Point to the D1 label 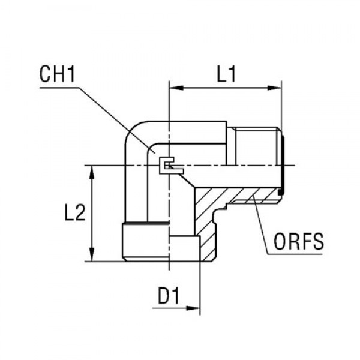tap(169, 296)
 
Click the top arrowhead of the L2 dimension tap(92, 171)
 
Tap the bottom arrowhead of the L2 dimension tap(92, 256)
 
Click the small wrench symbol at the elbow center tap(166, 164)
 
